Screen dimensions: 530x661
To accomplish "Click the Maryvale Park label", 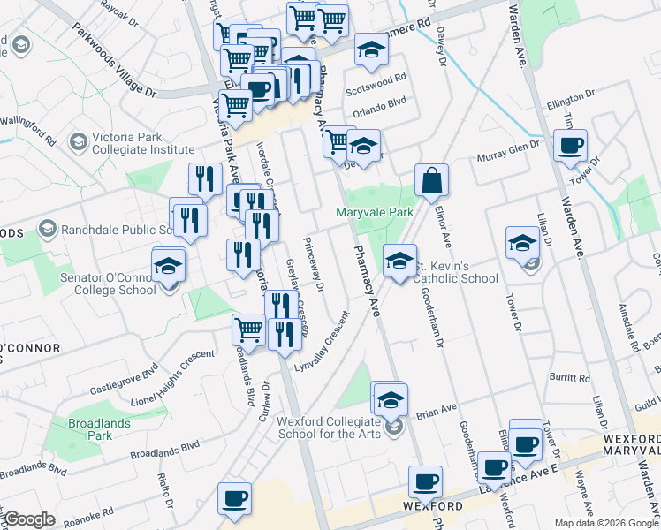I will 375,213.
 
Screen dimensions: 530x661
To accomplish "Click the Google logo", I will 29,519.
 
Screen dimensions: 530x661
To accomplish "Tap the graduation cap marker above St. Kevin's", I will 399,261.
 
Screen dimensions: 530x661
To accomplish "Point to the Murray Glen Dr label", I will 507,155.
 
